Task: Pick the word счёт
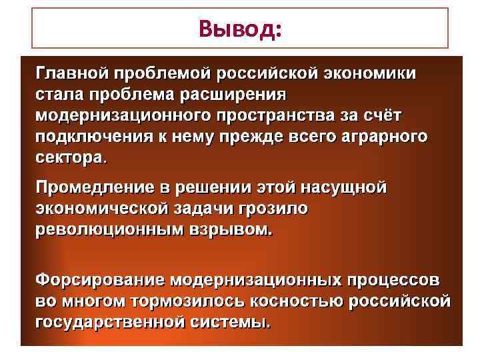(x=400, y=115)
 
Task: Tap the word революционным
(x=111, y=231)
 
